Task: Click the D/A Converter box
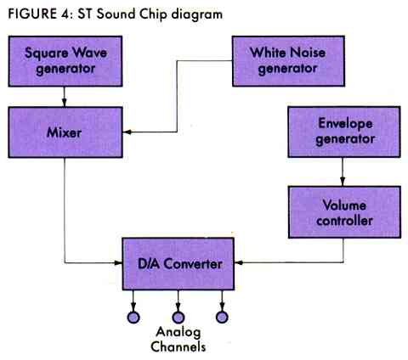click(178, 264)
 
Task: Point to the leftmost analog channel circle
click(133, 318)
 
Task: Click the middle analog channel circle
click(178, 318)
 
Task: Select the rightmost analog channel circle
click(223, 318)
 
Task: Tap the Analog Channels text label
click(178, 340)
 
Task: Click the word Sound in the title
click(121, 12)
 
